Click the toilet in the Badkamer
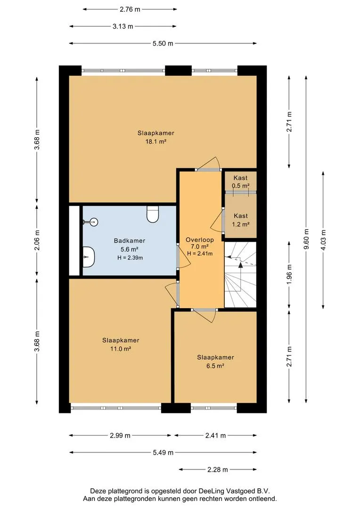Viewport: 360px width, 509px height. coord(153,214)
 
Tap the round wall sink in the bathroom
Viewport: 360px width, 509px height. coord(93,222)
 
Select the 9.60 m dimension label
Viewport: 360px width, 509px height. coord(306,239)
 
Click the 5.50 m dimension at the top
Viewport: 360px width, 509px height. coord(163,43)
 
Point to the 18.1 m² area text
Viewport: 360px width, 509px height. coord(156,141)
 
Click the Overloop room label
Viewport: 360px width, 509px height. coord(200,240)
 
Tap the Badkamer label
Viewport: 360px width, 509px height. coord(130,240)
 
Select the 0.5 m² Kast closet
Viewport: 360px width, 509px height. coord(240,181)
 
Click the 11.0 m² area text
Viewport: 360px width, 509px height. coord(121,349)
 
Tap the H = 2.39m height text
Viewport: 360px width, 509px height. coord(130,258)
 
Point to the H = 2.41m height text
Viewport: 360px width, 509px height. coord(200,254)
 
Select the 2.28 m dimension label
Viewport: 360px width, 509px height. coord(218,469)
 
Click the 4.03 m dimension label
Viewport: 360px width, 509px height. coord(323,240)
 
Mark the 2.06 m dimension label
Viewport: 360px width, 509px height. coord(37,240)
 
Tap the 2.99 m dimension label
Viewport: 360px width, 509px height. coord(120,435)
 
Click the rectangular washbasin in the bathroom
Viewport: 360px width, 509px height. coord(88,256)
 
